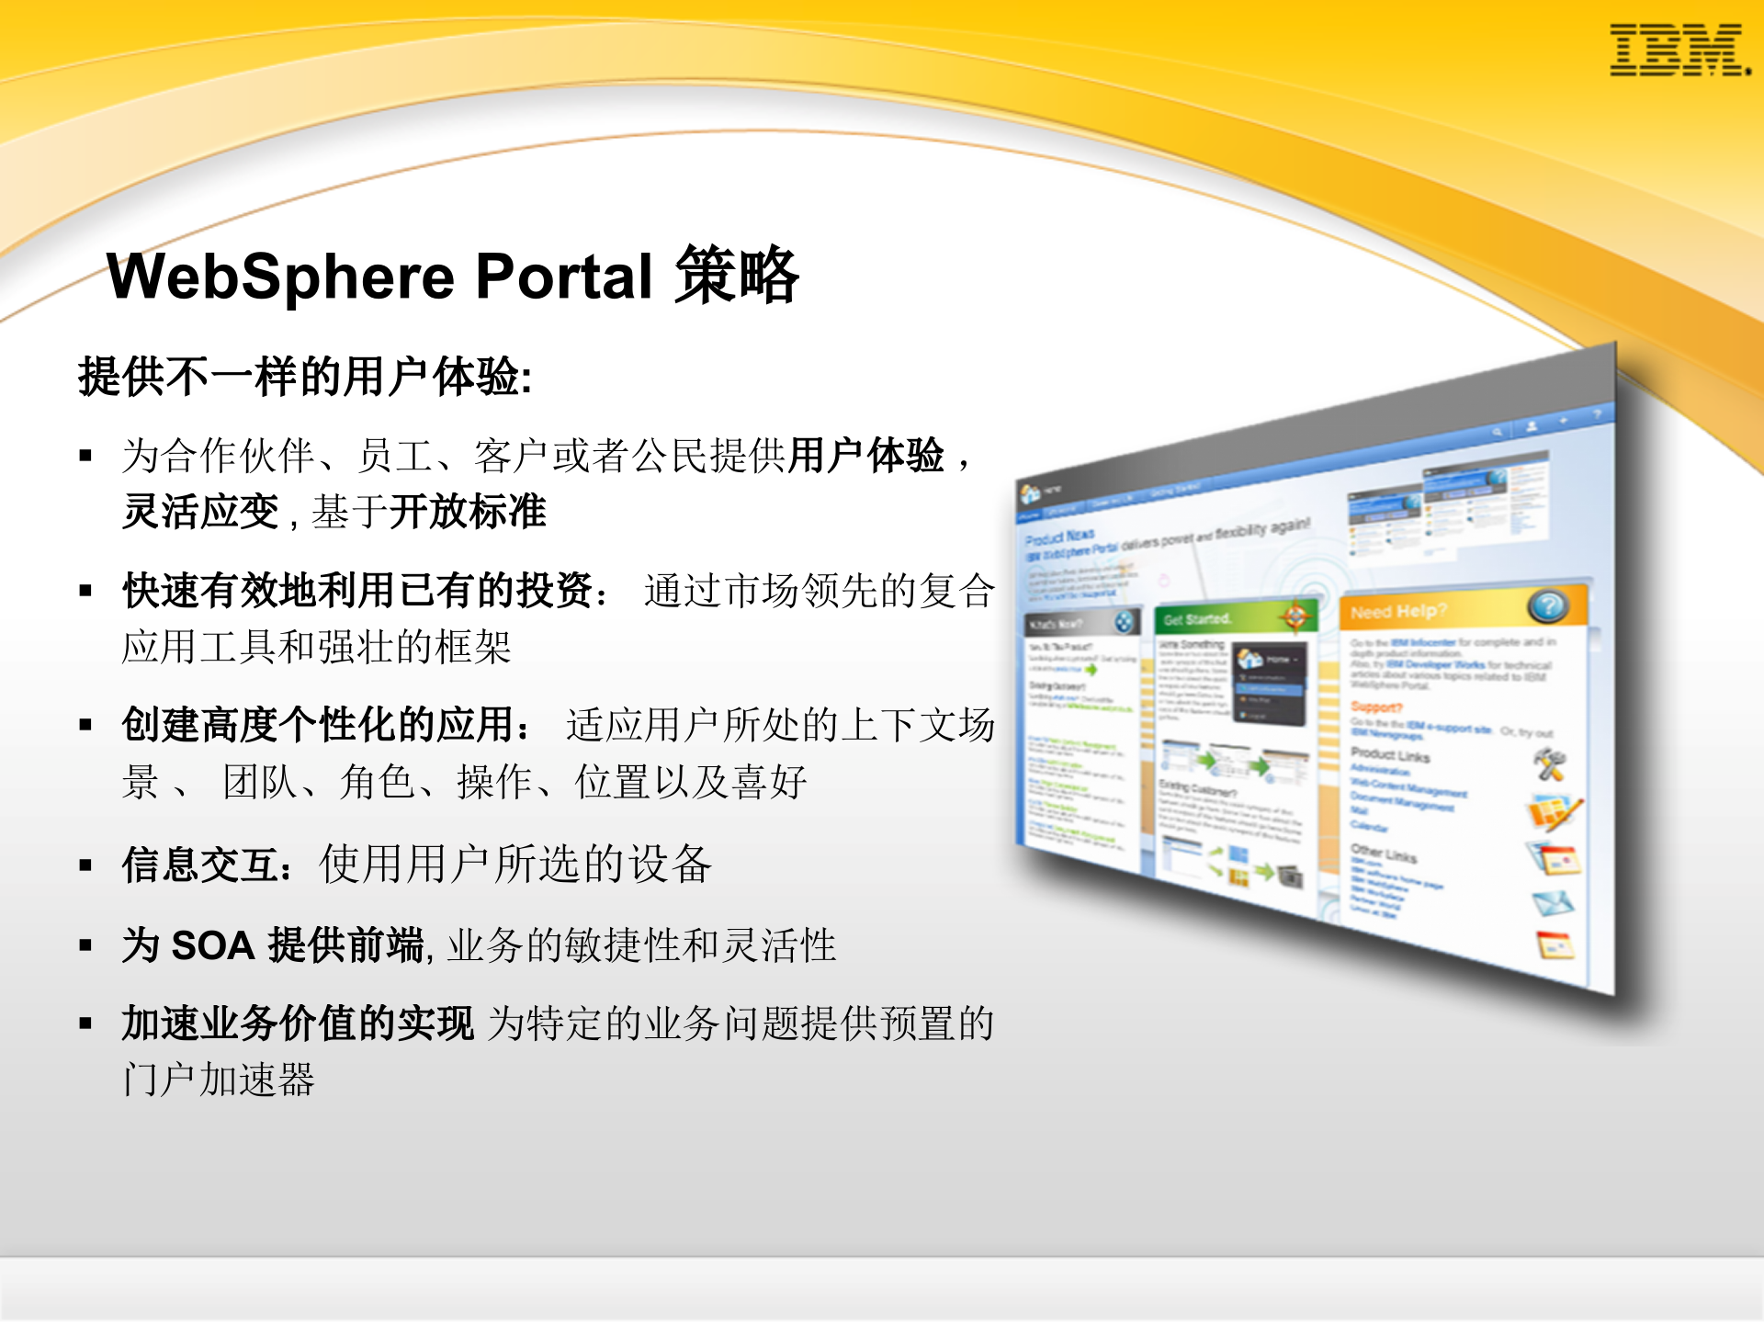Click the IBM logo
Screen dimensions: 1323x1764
pos(1679,51)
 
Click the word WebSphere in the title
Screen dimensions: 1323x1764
pos(281,277)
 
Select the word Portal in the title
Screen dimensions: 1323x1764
pos(563,277)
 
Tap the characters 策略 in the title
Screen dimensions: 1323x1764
pos(737,275)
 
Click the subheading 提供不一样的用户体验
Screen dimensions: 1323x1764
pos(304,377)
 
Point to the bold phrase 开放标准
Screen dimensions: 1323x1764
pos(468,512)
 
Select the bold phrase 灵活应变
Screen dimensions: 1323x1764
pos(200,512)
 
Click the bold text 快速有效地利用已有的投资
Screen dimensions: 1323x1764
pos(357,591)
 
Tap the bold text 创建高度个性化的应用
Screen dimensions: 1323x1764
pos(318,725)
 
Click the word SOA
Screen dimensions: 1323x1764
pos(213,945)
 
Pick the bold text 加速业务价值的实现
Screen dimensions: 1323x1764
pos(298,1023)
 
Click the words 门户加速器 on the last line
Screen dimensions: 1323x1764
pos(219,1080)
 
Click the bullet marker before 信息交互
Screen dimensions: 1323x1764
pos(85,865)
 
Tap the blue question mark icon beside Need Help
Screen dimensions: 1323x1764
pos(1547,605)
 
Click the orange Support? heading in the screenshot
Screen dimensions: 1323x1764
pos(1376,707)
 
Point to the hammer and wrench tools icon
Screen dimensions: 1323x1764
pos(1550,764)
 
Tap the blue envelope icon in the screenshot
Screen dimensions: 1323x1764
pos(1553,904)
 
